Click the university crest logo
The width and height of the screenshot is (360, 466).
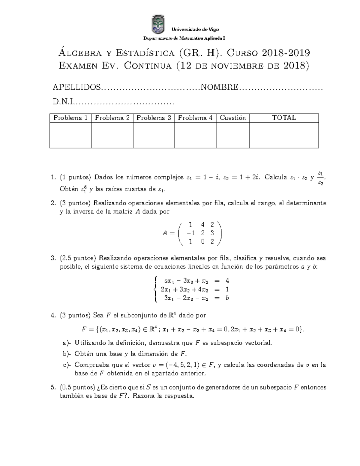[158, 25]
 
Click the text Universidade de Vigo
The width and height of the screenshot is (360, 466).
[195, 29]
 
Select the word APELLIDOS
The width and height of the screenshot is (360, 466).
[76, 87]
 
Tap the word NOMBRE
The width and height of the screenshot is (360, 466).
[220, 87]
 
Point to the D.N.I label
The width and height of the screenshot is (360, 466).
[63, 102]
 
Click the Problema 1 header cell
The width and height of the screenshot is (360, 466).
[70, 118]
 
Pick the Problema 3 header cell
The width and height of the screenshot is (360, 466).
[154, 118]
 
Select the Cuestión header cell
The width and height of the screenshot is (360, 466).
[232, 118]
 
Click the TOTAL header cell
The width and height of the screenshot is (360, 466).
[284, 118]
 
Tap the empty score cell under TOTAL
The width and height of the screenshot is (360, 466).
[284, 135]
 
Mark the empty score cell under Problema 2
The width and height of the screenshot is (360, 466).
[112, 135]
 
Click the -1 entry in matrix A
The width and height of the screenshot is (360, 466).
[190, 233]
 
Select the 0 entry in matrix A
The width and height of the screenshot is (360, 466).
[203, 242]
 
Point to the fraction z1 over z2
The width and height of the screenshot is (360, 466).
[320, 178]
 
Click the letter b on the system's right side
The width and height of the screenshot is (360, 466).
[227, 298]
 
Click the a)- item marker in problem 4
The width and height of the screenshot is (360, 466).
[67, 343]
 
